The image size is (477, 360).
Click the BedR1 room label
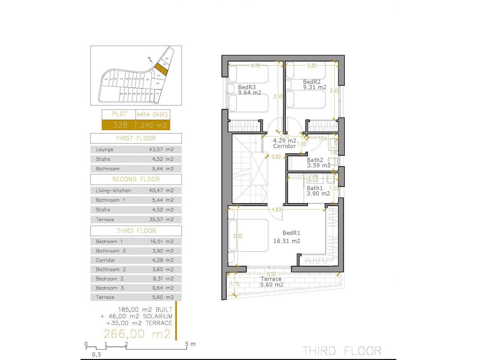coord(292,233)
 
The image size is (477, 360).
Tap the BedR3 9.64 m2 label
coord(249,90)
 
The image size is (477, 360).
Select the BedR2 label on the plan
coord(312,82)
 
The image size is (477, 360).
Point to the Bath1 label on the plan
coord(315,188)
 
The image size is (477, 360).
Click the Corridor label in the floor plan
coord(285,146)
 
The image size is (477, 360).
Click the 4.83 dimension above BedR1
coord(276,209)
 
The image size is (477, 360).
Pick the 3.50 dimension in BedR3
coord(278,96)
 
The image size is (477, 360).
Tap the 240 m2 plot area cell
coord(153,125)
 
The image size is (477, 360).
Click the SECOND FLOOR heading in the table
coord(136,179)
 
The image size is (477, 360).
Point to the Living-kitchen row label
coord(113,190)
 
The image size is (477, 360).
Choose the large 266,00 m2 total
coord(137,334)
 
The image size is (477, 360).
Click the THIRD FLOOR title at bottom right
coord(342,350)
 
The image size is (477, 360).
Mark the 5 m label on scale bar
coord(190,344)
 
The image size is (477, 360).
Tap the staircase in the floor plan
coord(250,170)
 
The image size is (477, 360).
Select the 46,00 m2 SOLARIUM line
coord(136,316)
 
